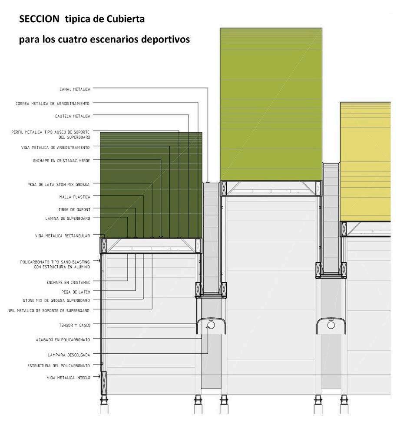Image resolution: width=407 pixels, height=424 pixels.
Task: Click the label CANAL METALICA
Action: tap(75, 89)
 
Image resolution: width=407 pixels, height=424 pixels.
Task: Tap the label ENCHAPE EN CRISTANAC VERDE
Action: tap(62, 160)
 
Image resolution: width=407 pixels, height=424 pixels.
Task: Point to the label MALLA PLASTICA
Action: tap(75, 197)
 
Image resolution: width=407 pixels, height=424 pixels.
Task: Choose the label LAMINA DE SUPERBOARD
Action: tap(68, 219)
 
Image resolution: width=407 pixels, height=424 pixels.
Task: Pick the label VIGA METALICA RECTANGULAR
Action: tap(63, 236)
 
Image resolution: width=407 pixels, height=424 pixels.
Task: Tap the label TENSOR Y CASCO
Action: tap(75, 325)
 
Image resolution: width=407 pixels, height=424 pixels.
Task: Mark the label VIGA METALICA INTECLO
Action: tap(69, 378)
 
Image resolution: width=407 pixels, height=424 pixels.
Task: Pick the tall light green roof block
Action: tap(271, 104)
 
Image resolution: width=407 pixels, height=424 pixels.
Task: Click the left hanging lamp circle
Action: tap(212, 326)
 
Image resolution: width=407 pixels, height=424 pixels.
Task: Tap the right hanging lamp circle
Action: tap(331, 324)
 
